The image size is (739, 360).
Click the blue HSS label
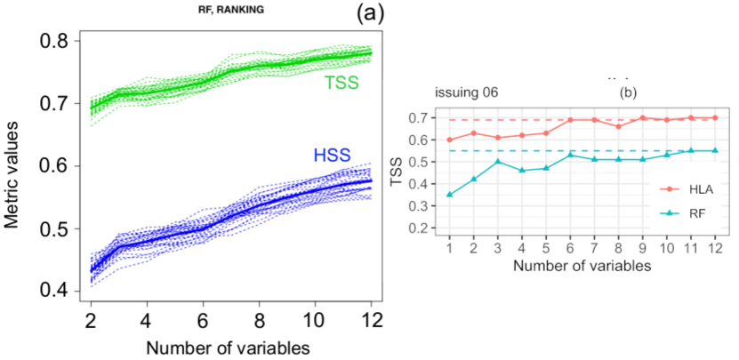click(333, 156)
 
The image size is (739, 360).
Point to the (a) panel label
click(370, 13)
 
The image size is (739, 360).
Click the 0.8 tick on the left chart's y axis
click(53, 41)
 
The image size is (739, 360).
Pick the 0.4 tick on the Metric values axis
click(53, 291)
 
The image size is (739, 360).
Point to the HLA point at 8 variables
click(618, 126)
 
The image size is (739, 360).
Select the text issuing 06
click(466, 92)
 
